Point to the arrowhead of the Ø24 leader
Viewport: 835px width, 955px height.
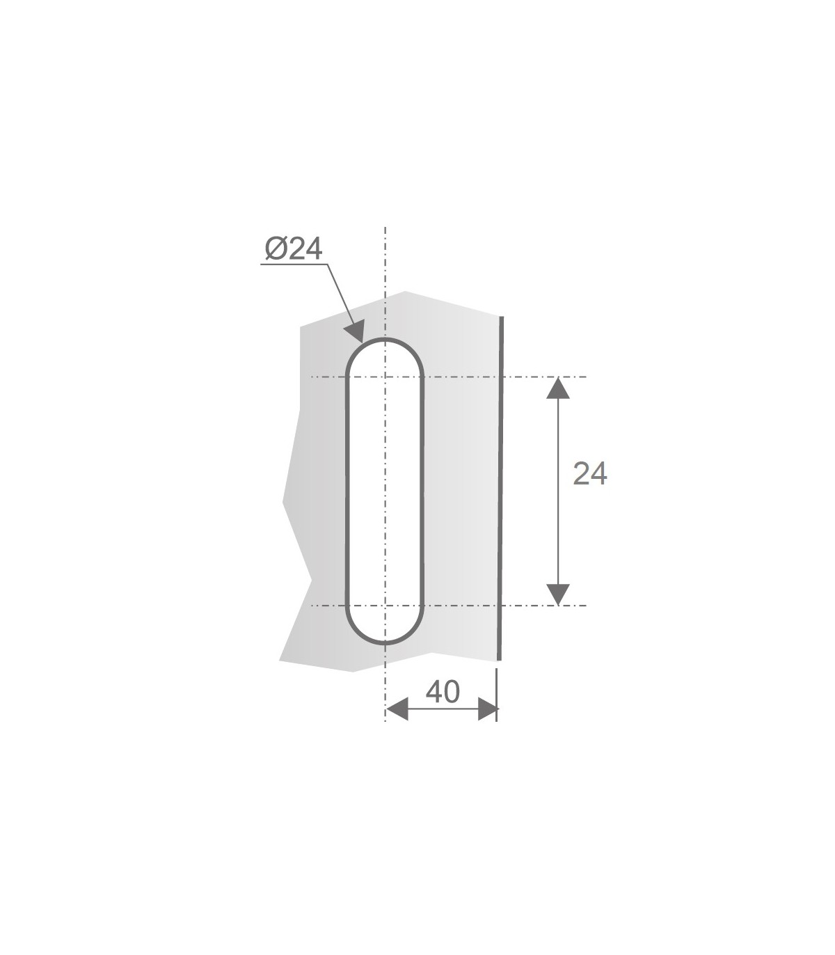pos(355,331)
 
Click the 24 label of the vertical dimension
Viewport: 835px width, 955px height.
pos(589,473)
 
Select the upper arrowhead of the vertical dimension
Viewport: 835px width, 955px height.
pos(558,388)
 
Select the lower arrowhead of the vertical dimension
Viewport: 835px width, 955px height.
pos(558,594)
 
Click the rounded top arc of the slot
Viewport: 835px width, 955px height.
pos(385,339)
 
